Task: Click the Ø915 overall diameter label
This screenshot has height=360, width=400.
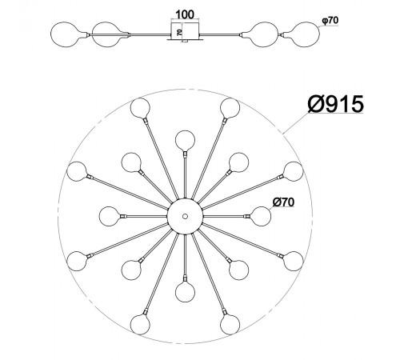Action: tap(335, 104)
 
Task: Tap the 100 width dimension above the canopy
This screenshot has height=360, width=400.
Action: tap(185, 14)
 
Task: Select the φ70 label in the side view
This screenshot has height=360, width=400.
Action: tap(330, 20)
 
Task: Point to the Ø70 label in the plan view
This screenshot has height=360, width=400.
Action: tap(283, 202)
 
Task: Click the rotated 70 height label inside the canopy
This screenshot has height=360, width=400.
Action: tap(179, 32)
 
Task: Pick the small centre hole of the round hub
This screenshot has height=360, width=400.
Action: tap(185, 216)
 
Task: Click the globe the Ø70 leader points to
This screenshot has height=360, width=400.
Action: tap(261, 216)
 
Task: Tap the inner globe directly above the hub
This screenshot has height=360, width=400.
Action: tap(185, 140)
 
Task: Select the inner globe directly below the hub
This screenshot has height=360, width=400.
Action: tap(185, 292)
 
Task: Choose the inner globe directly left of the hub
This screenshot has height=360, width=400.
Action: tap(109, 216)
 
